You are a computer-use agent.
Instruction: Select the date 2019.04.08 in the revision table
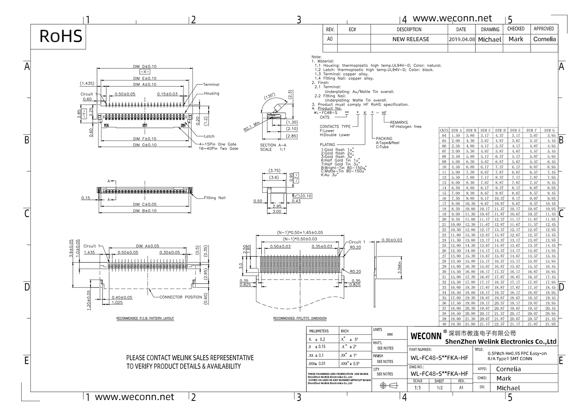tap(462, 40)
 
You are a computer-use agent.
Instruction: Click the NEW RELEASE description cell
tap(411, 40)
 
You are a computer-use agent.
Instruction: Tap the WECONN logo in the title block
tap(426, 336)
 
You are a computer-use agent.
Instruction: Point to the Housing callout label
tap(211, 93)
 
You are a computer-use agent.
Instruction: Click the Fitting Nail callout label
tap(214, 198)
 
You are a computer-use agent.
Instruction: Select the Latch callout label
tap(209, 137)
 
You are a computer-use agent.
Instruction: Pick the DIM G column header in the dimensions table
tap(549, 130)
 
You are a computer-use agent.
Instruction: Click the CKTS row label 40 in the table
tap(444, 324)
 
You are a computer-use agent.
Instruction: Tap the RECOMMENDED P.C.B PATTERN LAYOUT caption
tap(145, 318)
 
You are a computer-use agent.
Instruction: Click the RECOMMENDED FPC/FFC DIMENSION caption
tap(300, 318)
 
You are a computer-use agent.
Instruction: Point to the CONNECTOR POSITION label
tap(180, 297)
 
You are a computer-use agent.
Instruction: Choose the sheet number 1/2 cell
tap(439, 388)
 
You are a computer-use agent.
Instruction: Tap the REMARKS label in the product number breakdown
tap(399, 122)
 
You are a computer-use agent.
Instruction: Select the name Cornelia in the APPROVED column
tap(544, 39)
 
